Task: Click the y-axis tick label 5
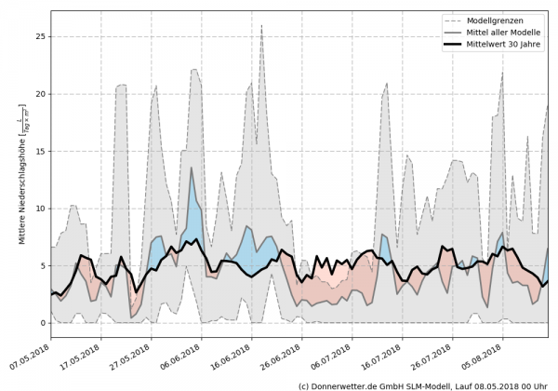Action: tap(41, 266)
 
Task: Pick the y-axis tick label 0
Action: tap(41, 323)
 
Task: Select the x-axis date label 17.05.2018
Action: tap(82, 358)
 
